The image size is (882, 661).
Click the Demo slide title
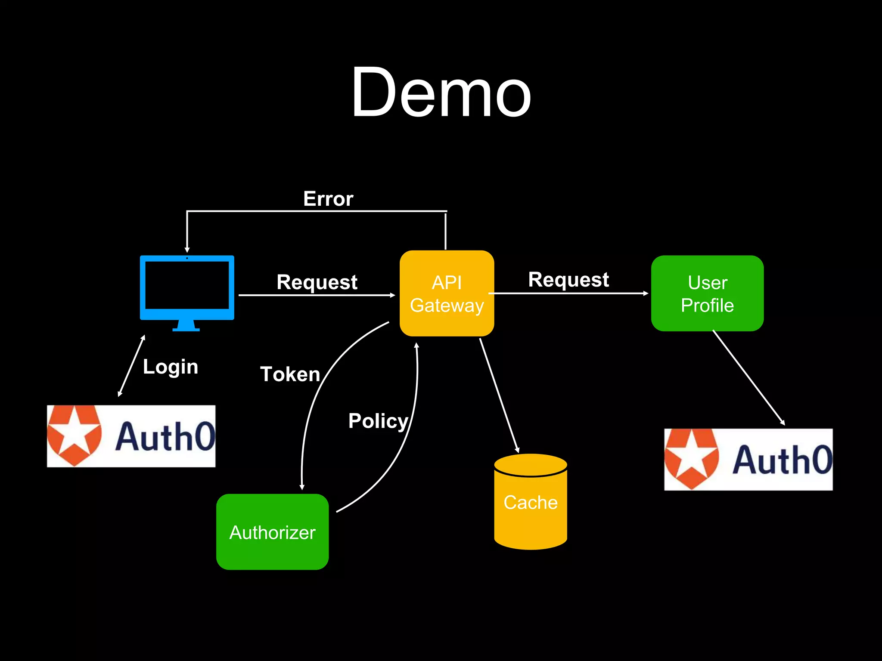tap(441, 93)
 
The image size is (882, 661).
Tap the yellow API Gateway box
tap(447, 293)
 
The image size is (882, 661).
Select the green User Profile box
tap(707, 293)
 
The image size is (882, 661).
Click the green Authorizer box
tap(272, 532)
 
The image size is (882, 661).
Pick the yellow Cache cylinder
tap(530, 502)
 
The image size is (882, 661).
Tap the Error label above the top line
tap(328, 199)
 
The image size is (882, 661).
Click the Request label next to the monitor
tap(317, 282)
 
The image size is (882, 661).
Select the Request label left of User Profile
tap(568, 280)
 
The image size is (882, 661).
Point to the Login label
tap(171, 367)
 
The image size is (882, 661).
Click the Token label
tap(290, 374)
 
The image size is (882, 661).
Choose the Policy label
tap(378, 421)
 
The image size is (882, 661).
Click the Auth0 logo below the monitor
tap(131, 436)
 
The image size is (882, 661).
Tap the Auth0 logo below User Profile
tap(748, 459)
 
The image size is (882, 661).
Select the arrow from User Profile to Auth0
tap(748, 377)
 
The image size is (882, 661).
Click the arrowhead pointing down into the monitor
tap(187, 250)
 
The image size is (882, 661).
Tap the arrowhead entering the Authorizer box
tap(302, 487)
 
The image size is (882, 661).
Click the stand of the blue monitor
tap(186, 326)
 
